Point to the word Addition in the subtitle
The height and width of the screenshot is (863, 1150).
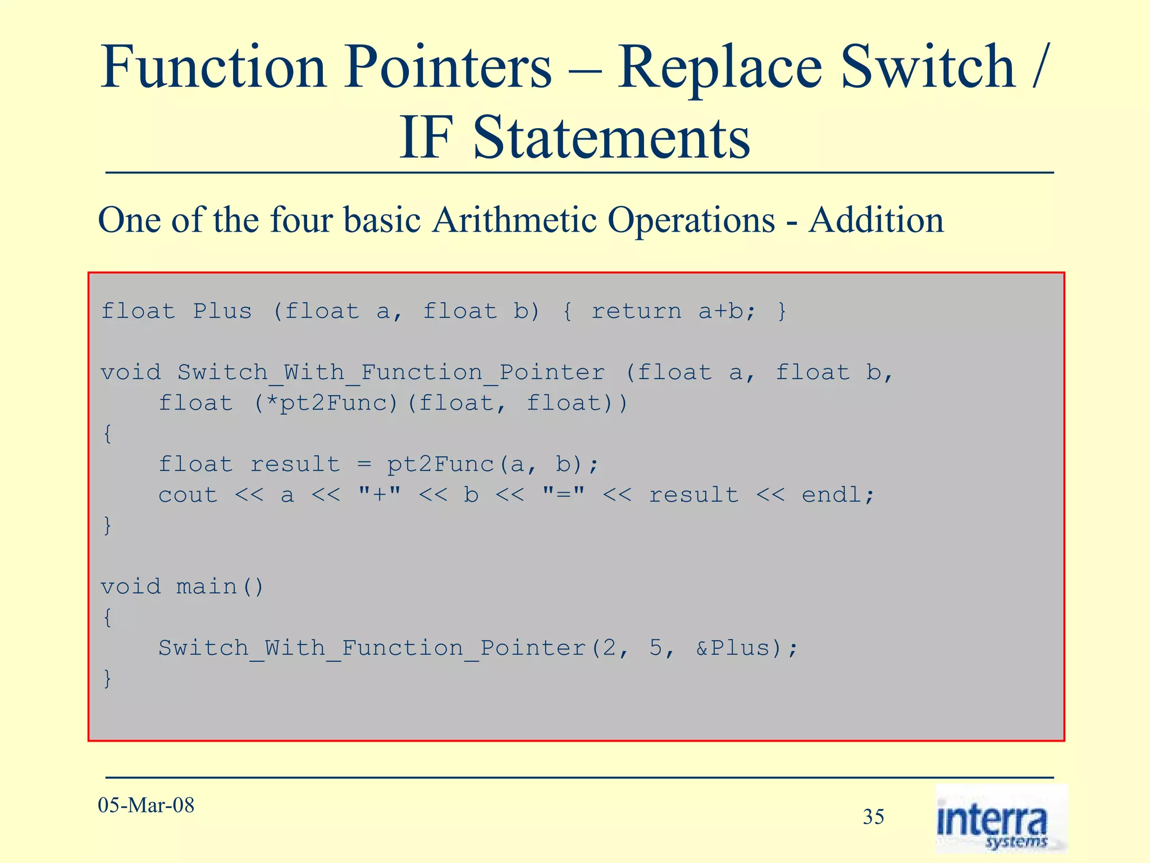coord(876,220)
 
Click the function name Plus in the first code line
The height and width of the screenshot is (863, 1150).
coord(222,311)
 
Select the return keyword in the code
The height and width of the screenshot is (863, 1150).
coord(636,311)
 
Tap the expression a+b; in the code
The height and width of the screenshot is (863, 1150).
coord(727,311)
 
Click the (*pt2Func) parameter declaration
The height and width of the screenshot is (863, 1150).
coord(325,403)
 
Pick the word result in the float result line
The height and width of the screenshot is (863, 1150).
coord(295,464)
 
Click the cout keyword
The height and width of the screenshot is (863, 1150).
coord(188,495)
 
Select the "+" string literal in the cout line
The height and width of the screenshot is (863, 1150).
coord(380,494)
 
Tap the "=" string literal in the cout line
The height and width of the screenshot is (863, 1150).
coord(563,494)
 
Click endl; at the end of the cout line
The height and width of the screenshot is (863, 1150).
coord(837,495)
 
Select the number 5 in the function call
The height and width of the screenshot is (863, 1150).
coord(656,648)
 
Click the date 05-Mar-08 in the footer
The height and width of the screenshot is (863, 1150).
coord(146,805)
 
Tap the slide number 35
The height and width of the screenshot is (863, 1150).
coord(873,816)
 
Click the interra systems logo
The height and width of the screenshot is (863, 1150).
coord(1000,819)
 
